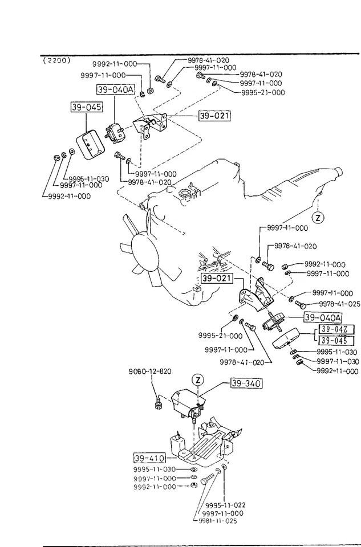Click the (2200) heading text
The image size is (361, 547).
[x=55, y=60]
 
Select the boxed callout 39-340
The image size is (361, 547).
[x=246, y=383]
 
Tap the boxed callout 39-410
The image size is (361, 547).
[x=149, y=458]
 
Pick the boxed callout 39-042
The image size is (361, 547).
[x=334, y=329]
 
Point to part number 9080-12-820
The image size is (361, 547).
[x=149, y=372]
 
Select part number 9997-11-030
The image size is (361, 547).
[x=338, y=361]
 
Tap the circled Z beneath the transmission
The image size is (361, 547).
[x=318, y=217]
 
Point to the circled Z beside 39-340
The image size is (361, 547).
[x=197, y=379]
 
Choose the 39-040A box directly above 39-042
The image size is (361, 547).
[x=323, y=317]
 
